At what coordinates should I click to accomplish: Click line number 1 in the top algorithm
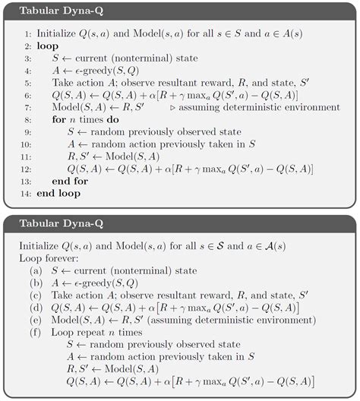(27, 36)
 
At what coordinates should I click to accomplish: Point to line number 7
(27, 109)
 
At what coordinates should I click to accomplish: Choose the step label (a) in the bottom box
(36, 270)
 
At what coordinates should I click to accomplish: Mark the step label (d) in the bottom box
(36, 308)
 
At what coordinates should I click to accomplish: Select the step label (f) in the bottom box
(36, 333)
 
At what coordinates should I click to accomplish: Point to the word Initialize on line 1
(58, 36)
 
